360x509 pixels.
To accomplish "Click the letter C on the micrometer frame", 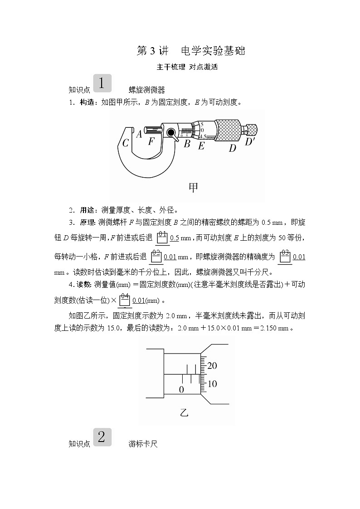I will (126, 143).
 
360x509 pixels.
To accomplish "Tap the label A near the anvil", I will (139, 134).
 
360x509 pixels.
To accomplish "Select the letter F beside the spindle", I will (151, 141).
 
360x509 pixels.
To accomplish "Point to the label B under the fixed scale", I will (187, 144).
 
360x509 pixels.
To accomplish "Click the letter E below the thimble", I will (201, 145).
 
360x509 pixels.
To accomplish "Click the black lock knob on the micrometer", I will (171, 133).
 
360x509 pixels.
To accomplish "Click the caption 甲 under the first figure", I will (194, 187).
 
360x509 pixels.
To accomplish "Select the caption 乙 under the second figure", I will (184, 412).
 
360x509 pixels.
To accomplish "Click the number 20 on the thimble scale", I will (212, 366).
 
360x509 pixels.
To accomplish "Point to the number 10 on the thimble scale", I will (212, 384).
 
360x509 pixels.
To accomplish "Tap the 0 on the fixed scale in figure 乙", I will (181, 389).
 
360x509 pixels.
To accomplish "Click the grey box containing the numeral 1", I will (102, 83).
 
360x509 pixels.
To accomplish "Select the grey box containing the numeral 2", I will (102, 437).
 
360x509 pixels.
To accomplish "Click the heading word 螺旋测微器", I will (146, 90).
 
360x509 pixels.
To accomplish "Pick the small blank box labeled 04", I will (125, 300).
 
